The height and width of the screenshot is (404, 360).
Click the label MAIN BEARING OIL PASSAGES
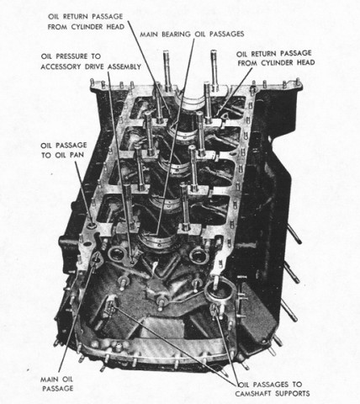coord(192,35)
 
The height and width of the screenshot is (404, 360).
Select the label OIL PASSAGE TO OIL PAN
coord(64,150)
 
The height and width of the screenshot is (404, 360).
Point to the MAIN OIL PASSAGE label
coord(57,384)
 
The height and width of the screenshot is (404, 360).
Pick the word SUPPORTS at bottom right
coord(293,394)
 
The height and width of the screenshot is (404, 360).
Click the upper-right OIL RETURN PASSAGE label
coord(276,58)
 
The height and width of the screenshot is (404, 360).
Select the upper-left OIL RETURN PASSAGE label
coord(86,22)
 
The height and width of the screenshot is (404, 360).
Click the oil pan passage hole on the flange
coord(92,226)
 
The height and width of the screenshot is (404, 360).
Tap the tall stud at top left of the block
coord(167,70)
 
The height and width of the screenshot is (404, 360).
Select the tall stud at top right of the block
coord(214,70)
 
